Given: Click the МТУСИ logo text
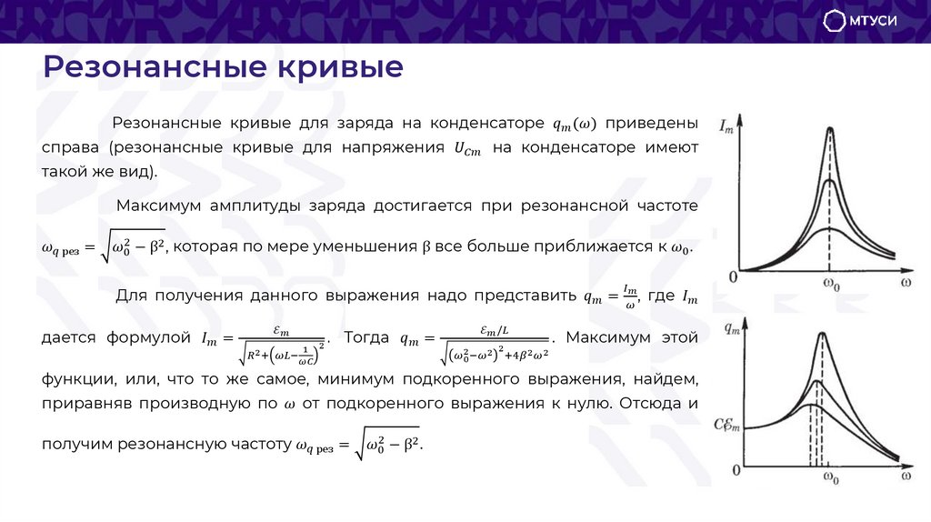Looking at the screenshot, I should coord(876,22).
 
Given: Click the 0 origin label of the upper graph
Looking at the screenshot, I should coord(733,276).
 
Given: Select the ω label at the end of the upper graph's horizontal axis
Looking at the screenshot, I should coord(906,283).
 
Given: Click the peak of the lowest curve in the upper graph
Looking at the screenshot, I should coord(829,228).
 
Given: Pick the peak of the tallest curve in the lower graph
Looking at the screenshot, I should coord(822,335).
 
